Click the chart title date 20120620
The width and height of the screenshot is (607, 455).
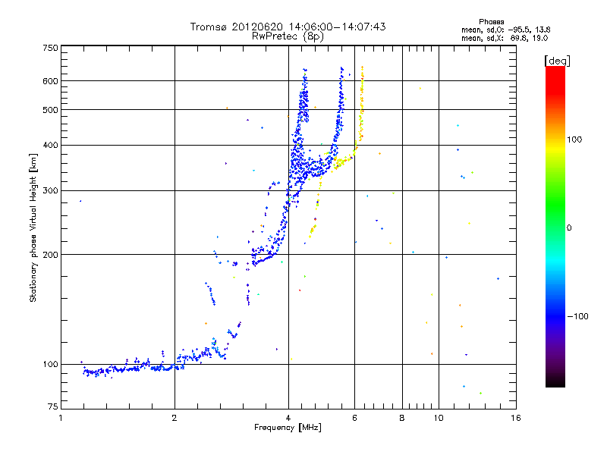[258, 27]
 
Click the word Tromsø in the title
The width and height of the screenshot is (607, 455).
[209, 27]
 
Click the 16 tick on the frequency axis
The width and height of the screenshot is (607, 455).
[515, 418]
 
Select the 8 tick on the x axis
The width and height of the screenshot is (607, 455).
[402, 418]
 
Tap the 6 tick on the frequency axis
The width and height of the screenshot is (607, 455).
[355, 418]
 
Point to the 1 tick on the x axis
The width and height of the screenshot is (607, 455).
[61, 418]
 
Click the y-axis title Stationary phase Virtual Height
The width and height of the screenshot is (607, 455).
[33, 227]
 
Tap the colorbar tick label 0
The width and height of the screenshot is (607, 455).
[569, 227]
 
